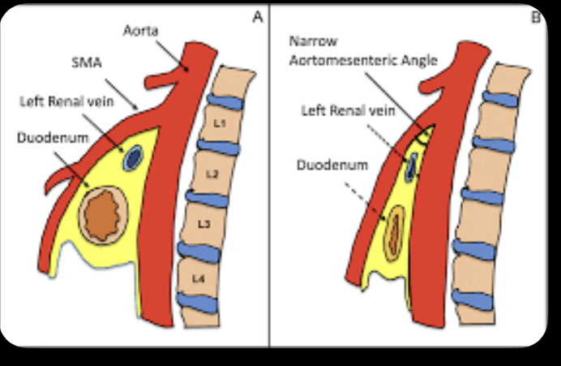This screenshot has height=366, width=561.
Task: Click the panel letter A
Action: (x=258, y=16)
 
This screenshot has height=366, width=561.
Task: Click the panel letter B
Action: (x=536, y=16)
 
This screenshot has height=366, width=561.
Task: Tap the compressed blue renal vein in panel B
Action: (x=412, y=165)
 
